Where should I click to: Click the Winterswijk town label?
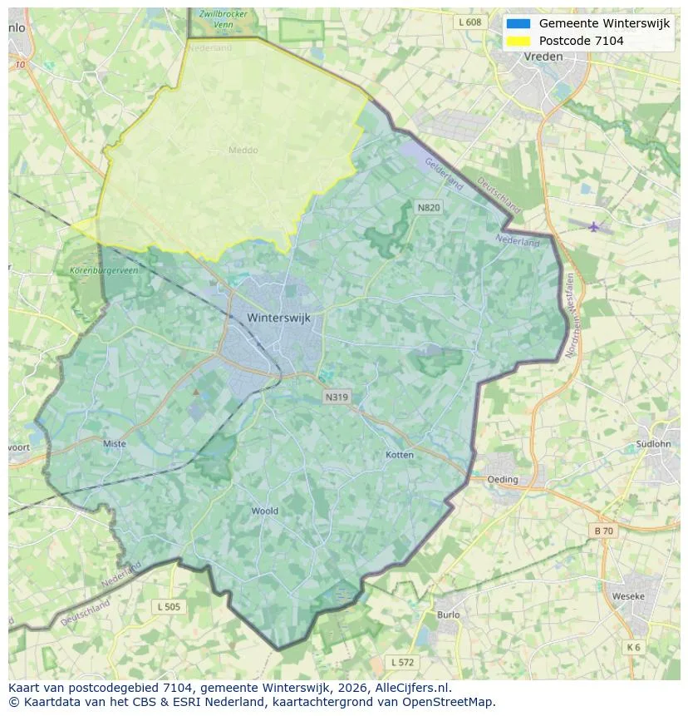pyautogui.click(x=279, y=318)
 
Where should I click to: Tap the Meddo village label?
pyautogui.click(x=243, y=151)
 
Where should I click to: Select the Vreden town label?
pyautogui.click(x=543, y=57)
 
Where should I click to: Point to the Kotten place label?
pyautogui.click(x=400, y=455)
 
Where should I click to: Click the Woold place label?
pyautogui.click(x=264, y=511)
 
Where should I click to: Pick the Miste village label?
pyautogui.click(x=115, y=444)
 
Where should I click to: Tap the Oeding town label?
pyautogui.click(x=503, y=480)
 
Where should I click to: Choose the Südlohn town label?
pyautogui.click(x=652, y=444)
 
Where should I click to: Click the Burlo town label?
pyautogui.click(x=448, y=615)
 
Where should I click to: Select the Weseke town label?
pyautogui.click(x=627, y=596)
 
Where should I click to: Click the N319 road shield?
pyautogui.click(x=337, y=398)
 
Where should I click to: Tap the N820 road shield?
pyautogui.click(x=429, y=207)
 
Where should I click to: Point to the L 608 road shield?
pyautogui.click(x=469, y=22)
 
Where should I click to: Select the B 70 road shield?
pyautogui.click(x=603, y=531)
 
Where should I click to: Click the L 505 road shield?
pyautogui.click(x=168, y=607)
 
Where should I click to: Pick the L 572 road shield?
pyautogui.click(x=403, y=663)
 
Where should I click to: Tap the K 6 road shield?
pyautogui.click(x=634, y=647)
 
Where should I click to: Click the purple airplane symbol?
pyautogui.click(x=593, y=226)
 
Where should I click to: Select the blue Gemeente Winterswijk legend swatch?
pyautogui.click(x=518, y=24)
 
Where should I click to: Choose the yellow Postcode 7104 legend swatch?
pyautogui.click(x=518, y=41)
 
